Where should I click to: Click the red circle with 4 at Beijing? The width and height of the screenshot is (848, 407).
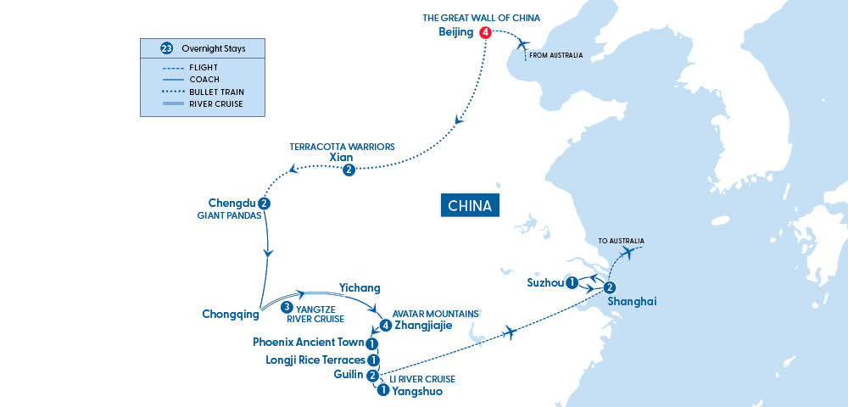click(x=485, y=33)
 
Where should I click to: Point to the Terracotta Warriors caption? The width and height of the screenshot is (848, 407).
click(x=343, y=146)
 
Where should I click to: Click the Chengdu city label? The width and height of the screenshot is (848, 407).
click(x=232, y=203)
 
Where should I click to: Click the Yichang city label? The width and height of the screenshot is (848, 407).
click(x=360, y=287)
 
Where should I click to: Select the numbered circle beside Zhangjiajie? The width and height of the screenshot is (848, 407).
click(x=386, y=325)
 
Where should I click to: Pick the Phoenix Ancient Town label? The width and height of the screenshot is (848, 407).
click(x=309, y=343)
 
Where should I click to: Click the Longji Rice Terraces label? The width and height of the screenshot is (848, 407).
click(x=312, y=360)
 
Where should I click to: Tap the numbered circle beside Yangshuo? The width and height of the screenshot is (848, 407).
click(x=382, y=391)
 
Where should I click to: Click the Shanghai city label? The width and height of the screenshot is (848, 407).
click(x=632, y=301)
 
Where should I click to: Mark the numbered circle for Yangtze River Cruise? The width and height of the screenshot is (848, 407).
click(x=287, y=307)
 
